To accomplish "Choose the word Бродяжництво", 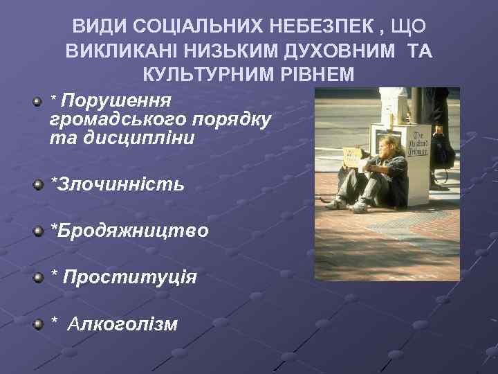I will (x=129, y=231).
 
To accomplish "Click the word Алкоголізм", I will (x=122, y=323).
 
